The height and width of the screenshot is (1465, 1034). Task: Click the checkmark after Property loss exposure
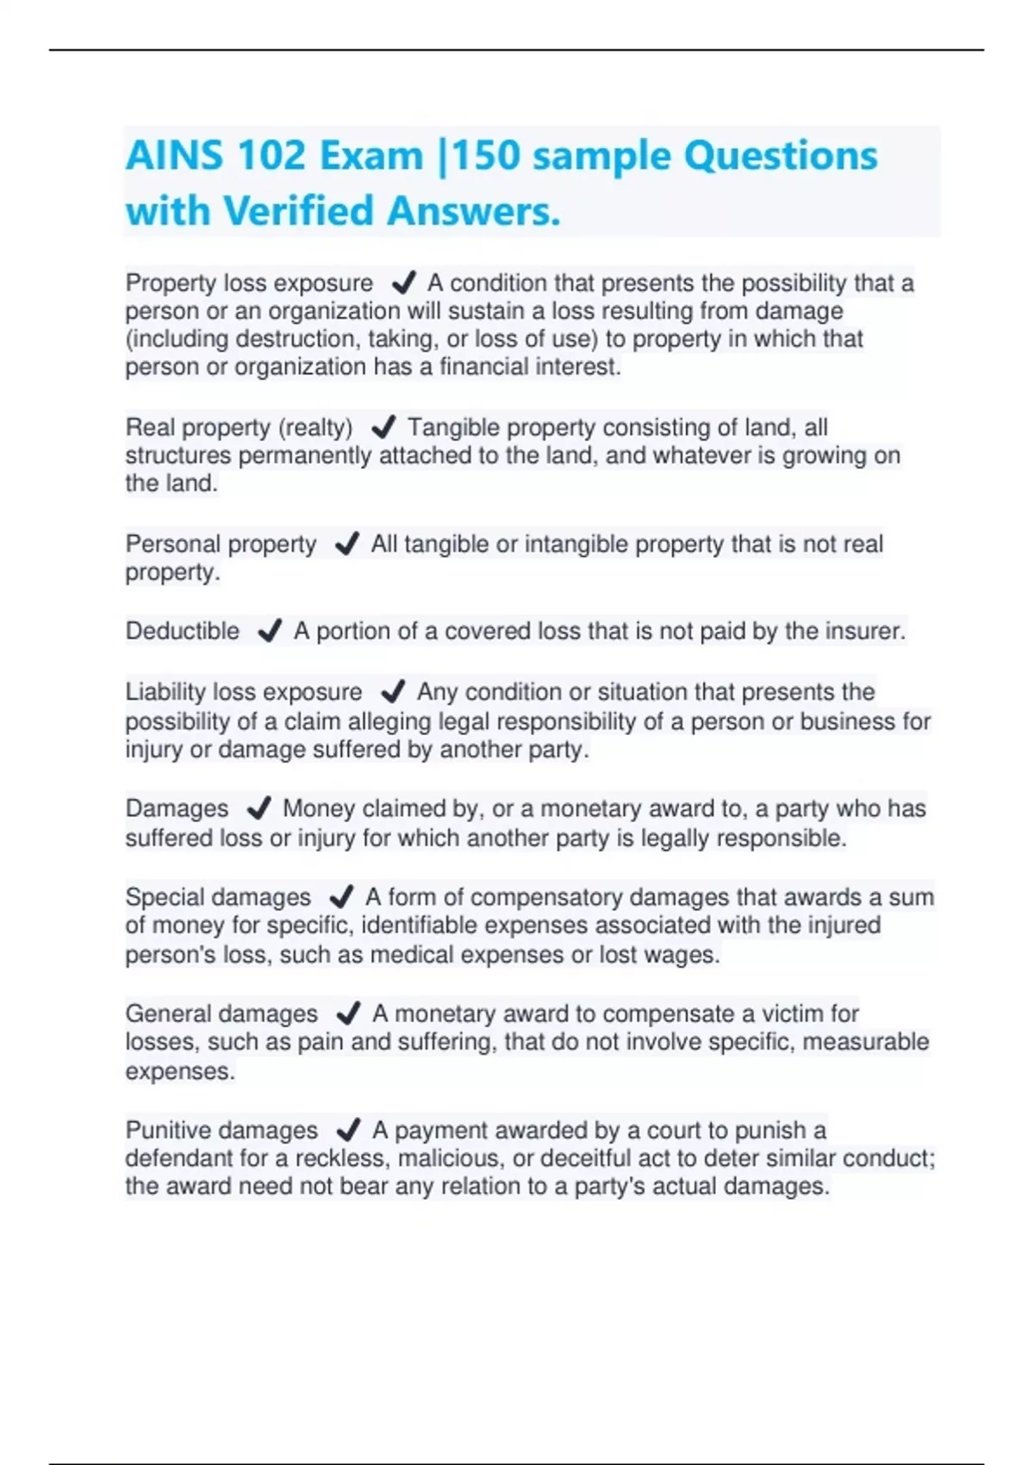pyautogui.click(x=403, y=282)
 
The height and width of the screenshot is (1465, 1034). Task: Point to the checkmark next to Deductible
pyautogui.click(x=270, y=631)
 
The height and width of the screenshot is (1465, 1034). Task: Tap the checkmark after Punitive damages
pyautogui.click(x=348, y=1129)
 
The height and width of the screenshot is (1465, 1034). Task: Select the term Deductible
pyautogui.click(x=183, y=631)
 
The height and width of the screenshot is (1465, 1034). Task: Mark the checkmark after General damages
pyautogui.click(x=348, y=1013)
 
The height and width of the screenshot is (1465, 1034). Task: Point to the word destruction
pyautogui.click(x=298, y=339)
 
